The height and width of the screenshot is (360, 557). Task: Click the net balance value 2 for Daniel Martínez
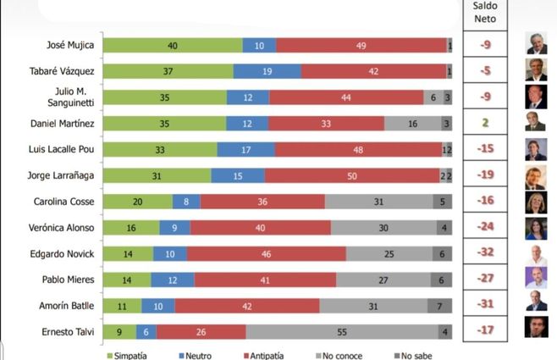pyautogui.click(x=486, y=124)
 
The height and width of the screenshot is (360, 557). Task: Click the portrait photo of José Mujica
pyautogui.click(x=535, y=44)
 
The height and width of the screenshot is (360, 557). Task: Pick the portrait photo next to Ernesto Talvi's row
pyautogui.click(x=535, y=328)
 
